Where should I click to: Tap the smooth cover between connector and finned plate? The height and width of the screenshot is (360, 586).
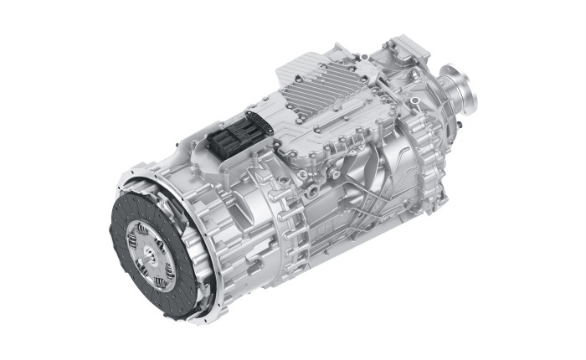[268, 126]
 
